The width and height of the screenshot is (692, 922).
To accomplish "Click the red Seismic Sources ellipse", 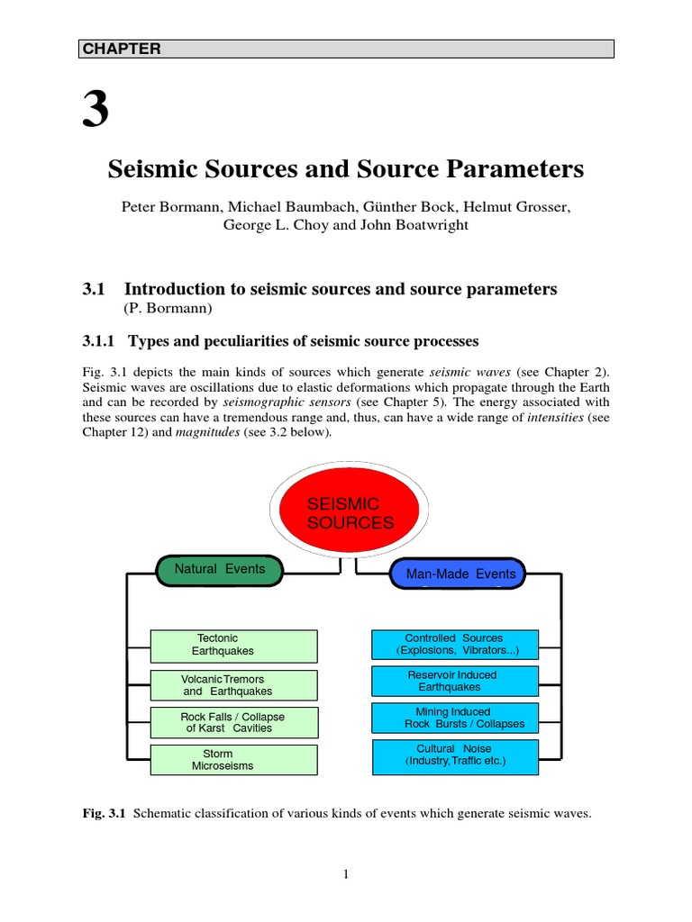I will click(350, 513).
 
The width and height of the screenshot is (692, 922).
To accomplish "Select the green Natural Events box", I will click(219, 570).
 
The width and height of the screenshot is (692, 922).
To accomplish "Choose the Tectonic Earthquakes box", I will click(233, 645).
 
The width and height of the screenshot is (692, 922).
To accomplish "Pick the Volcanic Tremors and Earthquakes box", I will click(233, 685).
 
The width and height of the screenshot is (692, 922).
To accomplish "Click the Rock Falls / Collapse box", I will click(233, 722).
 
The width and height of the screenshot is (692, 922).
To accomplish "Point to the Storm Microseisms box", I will click(233, 760).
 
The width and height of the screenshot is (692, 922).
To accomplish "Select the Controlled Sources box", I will click(454, 645).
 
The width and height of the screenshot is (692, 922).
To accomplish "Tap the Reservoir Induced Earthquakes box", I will click(454, 681).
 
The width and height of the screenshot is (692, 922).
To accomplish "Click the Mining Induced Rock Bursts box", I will click(454, 718).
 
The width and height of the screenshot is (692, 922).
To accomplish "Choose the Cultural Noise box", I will click(454, 755).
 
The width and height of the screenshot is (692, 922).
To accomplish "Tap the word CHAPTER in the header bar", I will click(122, 50).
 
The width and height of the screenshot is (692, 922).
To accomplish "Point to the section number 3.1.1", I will click(100, 341).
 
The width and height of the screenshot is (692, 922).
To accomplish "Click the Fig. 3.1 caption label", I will click(104, 814).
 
